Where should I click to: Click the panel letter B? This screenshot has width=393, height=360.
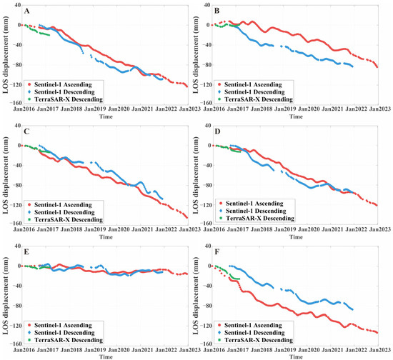click(225, 11)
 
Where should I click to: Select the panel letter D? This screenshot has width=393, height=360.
click(225, 131)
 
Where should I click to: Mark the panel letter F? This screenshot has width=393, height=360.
click(225, 251)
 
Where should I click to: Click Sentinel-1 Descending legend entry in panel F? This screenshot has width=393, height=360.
click(259, 331)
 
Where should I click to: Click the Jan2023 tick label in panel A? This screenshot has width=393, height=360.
click(189, 109)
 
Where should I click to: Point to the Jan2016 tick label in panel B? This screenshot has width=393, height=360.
click(219, 109)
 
